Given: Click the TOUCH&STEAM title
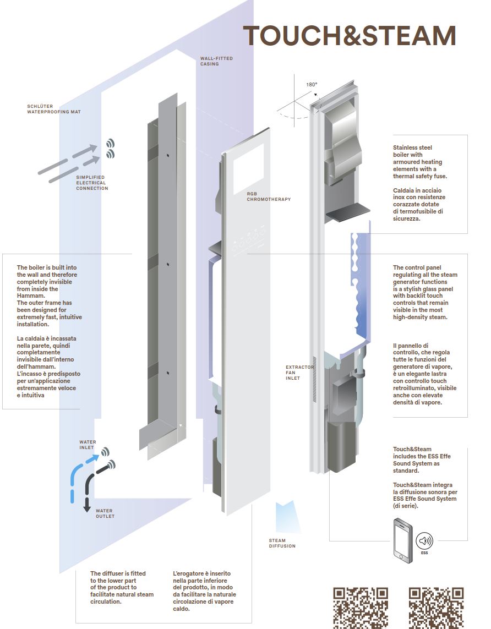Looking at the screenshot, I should [350, 36].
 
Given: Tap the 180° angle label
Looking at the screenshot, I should [312, 85].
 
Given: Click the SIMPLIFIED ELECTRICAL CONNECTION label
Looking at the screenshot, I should [92, 183].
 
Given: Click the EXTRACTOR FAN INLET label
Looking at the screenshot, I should [300, 373].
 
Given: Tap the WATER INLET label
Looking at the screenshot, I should [88, 445].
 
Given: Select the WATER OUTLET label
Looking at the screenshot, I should [105, 513].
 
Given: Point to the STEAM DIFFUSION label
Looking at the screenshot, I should [282, 543].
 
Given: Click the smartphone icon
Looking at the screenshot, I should [403, 540].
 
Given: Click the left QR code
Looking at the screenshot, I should [361, 608].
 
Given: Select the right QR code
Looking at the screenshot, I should [436, 608].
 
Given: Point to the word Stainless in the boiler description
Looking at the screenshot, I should [405, 147].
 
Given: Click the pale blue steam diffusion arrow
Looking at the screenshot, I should [286, 516].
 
